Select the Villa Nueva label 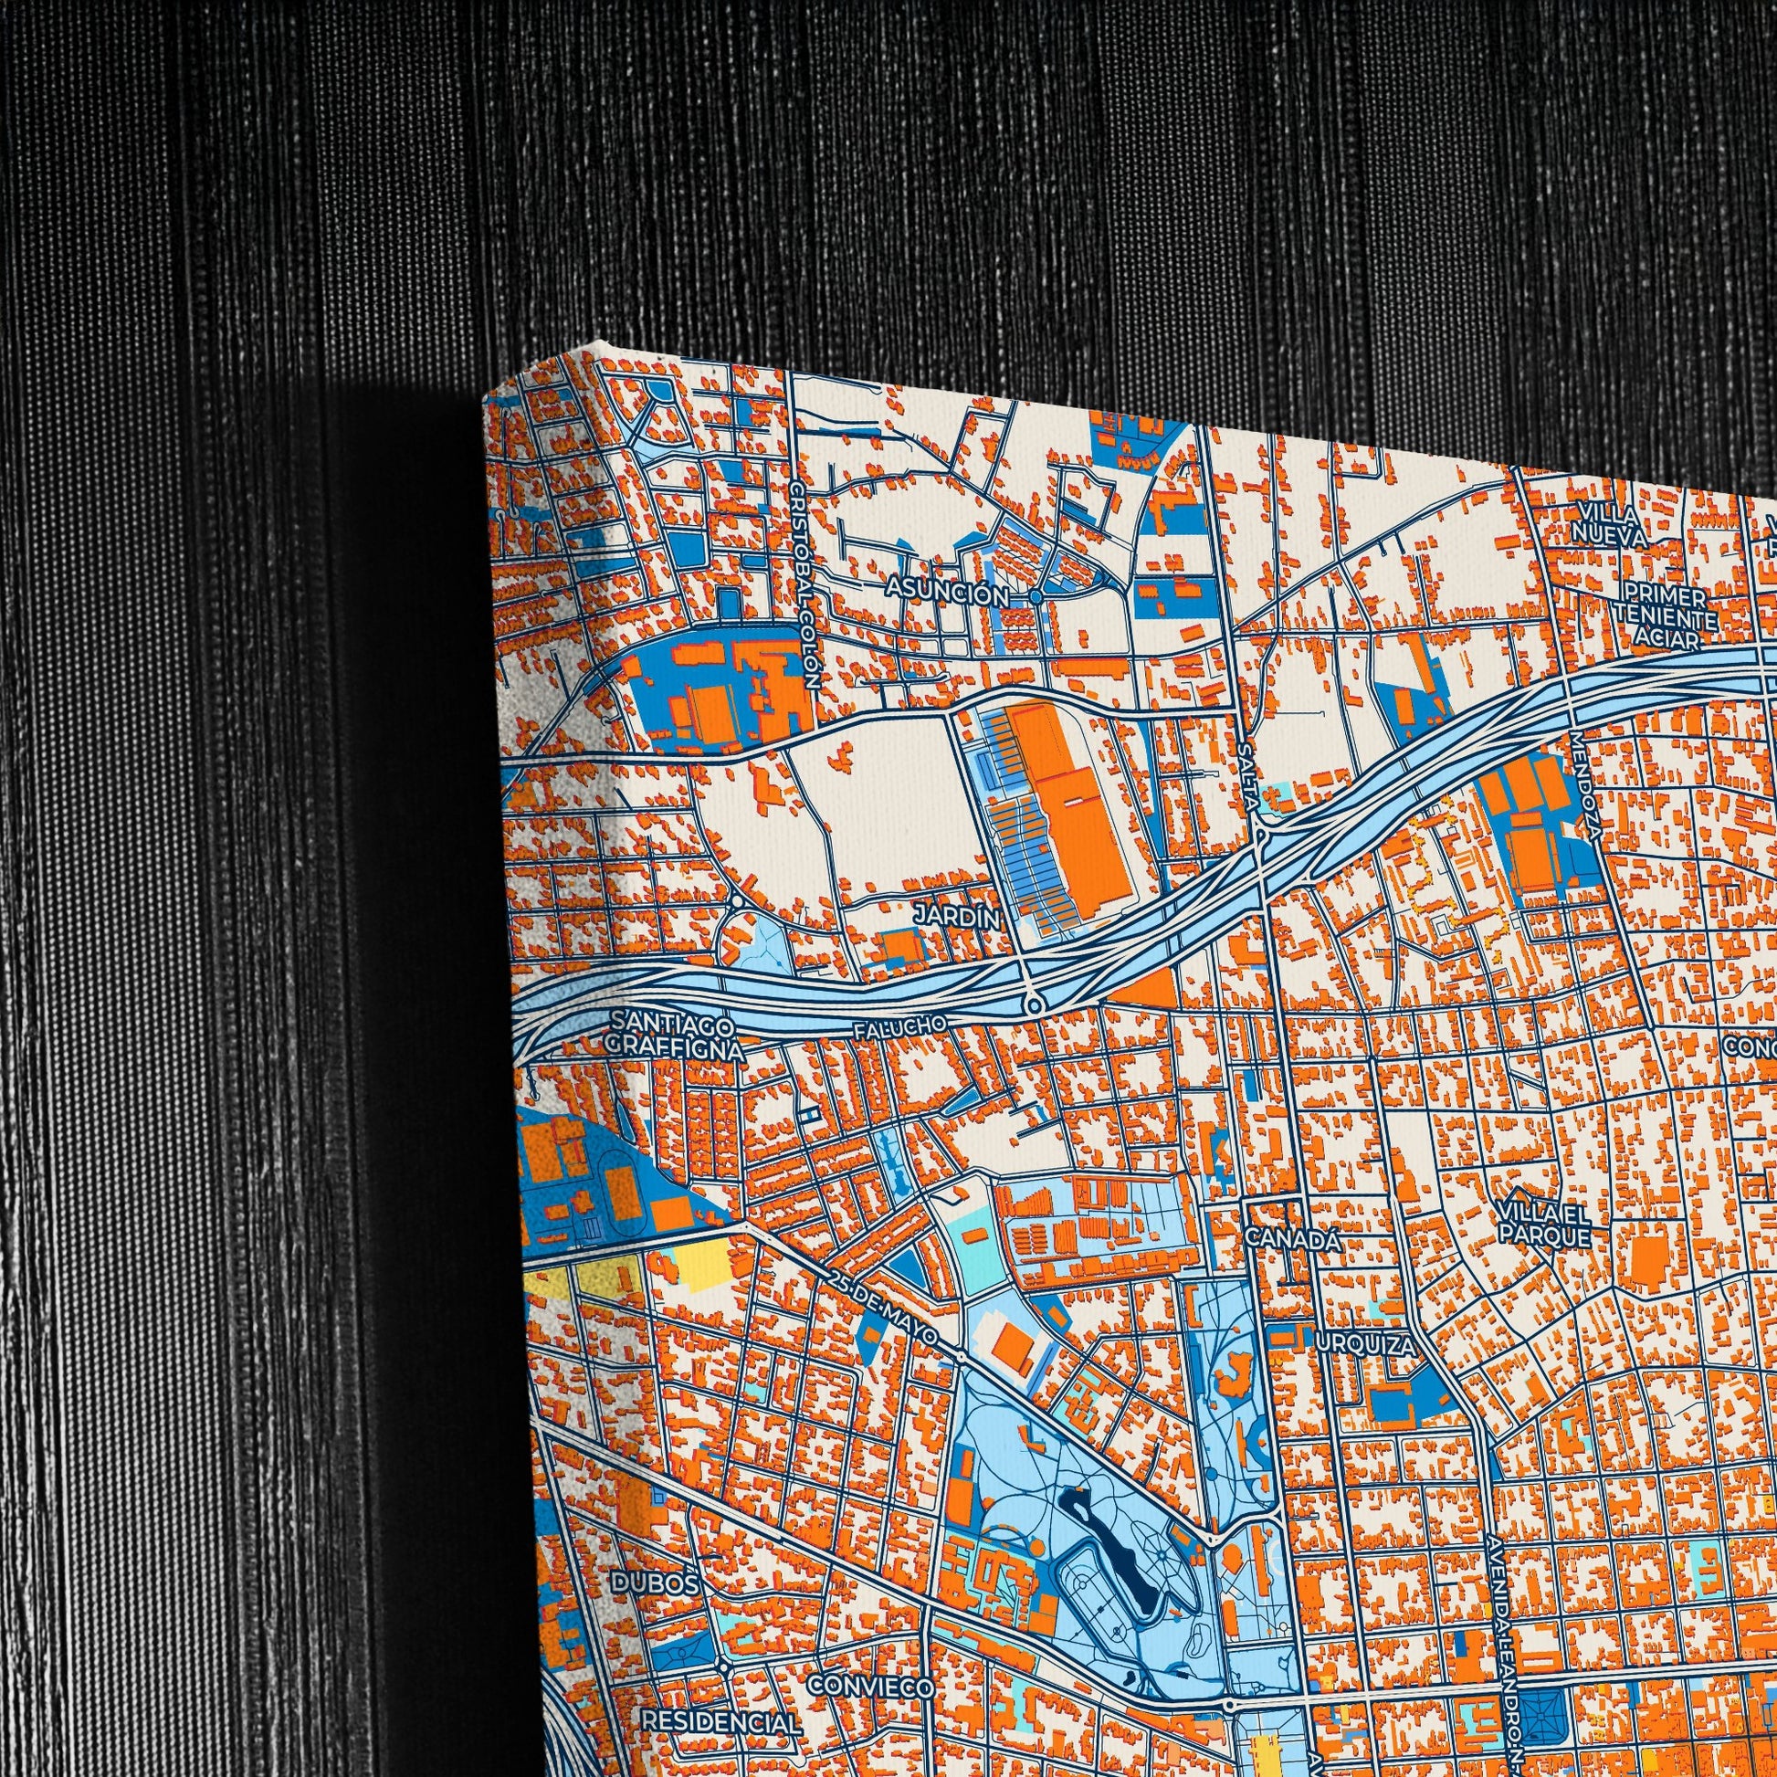pyautogui.click(x=1609, y=523)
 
